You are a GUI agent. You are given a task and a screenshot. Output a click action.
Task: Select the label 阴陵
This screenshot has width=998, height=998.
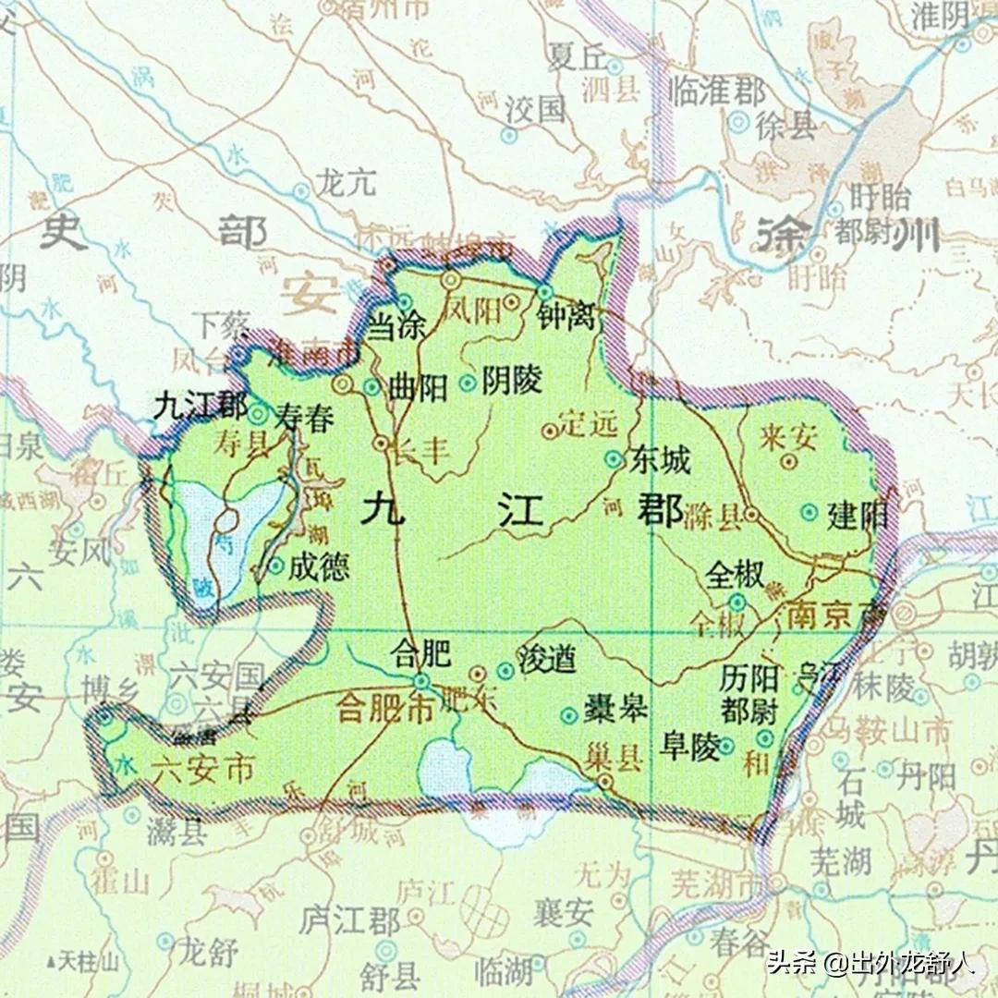click(512, 381)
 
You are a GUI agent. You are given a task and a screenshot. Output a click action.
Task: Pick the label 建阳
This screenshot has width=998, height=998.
click(856, 515)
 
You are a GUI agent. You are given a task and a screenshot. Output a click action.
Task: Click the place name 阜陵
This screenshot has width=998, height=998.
click(689, 747)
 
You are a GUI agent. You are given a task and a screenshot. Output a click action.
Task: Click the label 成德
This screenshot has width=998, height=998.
click(319, 566)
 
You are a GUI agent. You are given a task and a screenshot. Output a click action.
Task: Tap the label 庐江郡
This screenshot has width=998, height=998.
click(349, 920)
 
